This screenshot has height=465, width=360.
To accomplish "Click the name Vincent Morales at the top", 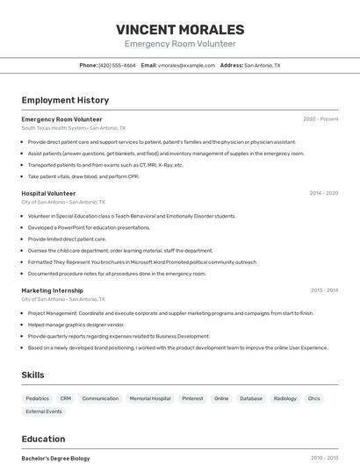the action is point(180,29).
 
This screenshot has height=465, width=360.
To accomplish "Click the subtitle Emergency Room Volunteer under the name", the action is point(180,44).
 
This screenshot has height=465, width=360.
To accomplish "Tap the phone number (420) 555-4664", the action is point(117,65).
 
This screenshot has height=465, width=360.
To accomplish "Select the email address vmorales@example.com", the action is point(187,65).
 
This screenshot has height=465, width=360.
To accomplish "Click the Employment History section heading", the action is point(65,100).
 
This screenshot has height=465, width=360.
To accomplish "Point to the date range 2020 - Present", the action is point(320,118).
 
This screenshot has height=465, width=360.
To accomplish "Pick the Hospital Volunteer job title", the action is point(48,193).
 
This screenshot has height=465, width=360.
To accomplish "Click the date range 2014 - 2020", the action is point(323,193).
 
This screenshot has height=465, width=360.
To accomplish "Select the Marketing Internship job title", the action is point(52,290).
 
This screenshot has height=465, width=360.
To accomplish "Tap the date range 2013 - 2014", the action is point(324,290).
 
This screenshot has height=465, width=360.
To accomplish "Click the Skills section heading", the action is point(32,375).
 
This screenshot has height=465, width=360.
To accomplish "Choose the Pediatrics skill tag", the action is point(38,398).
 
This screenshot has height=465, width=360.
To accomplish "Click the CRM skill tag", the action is point(66,398).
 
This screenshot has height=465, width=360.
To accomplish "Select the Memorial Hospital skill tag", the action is point(150,398).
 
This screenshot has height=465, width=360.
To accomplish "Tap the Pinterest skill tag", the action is point(192,398).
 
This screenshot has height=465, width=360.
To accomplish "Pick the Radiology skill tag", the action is point(284,398).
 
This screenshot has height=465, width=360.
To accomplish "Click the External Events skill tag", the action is point(44,411).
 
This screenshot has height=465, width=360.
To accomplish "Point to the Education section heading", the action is point(43,439).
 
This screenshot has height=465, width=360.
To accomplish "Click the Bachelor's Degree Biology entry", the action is point(55,458).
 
